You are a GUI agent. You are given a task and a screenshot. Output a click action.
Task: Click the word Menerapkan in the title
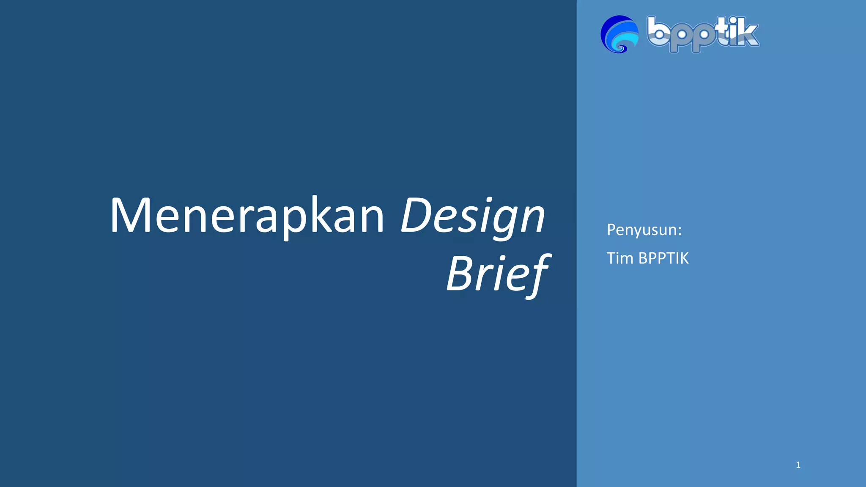247,216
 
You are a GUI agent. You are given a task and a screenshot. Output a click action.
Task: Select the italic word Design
473,216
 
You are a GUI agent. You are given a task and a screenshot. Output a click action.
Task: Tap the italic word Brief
498,274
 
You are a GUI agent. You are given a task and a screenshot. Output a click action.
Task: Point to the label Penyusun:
644,230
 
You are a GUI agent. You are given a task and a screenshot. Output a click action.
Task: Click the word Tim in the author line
619,258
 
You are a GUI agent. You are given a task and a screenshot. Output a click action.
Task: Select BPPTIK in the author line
663,258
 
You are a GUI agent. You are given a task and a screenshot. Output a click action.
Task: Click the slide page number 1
798,465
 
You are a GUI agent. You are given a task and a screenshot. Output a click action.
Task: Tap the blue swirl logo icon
619,34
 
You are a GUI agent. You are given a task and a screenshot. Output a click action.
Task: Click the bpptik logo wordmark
703,34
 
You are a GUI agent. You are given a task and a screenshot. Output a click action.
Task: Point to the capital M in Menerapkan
129,216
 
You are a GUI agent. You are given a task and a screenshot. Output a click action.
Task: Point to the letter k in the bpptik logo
747,34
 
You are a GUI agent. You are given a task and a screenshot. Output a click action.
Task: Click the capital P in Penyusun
611,230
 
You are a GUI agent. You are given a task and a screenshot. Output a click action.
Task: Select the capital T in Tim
611,258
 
